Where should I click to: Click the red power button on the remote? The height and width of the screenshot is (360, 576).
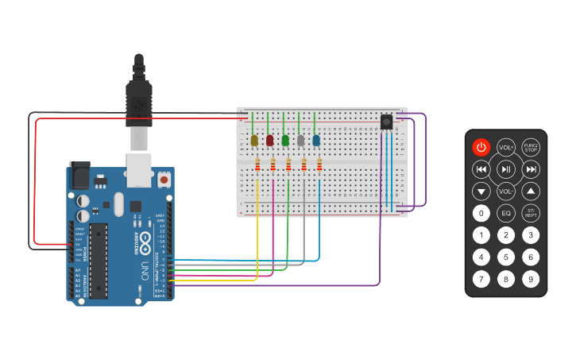click(x=481, y=147)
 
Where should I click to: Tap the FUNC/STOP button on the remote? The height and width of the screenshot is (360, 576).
click(x=531, y=147)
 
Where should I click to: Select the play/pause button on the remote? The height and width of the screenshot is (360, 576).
click(x=506, y=169)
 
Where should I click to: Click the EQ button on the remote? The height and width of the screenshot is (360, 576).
click(x=506, y=213)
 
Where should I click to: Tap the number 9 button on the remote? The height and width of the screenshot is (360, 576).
click(x=531, y=279)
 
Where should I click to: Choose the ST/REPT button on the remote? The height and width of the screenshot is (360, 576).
click(x=531, y=213)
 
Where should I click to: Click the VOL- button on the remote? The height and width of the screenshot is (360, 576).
click(x=506, y=192)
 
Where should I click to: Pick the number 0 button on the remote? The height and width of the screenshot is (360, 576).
click(x=481, y=213)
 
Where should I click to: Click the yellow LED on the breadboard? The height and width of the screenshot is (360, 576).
click(x=254, y=141)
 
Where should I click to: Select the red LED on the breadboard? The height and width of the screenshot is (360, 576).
click(x=270, y=141)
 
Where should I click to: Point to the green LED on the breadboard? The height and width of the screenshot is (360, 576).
click(x=285, y=141)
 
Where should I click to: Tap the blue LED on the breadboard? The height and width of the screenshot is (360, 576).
click(x=316, y=141)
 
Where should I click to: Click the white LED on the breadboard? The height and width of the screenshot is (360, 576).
click(x=300, y=141)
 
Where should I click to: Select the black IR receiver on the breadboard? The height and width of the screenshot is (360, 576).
click(x=386, y=122)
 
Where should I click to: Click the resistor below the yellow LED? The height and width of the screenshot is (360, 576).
click(x=258, y=165)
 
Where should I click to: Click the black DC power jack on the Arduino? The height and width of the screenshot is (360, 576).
click(x=80, y=175)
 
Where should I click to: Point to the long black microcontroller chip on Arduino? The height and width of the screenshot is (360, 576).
click(x=99, y=261)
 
